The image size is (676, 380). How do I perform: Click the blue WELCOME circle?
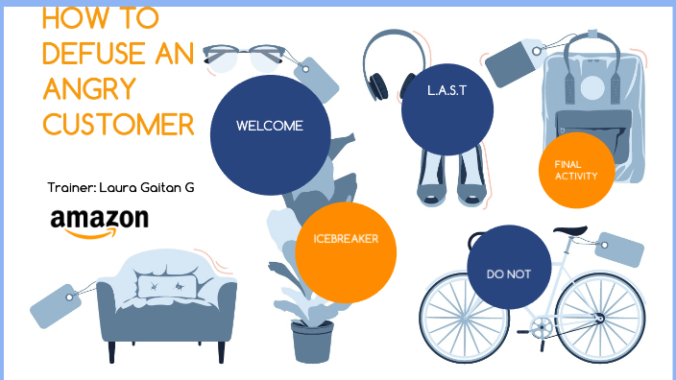pyautogui.click(x=270, y=127)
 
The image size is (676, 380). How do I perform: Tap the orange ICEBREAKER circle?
pyautogui.click(x=339, y=240)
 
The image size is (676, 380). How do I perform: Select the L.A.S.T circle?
pyautogui.click(x=447, y=93)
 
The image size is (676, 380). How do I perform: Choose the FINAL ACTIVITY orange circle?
pyautogui.click(x=576, y=170)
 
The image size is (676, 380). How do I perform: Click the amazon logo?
pyautogui.click(x=100, y=222)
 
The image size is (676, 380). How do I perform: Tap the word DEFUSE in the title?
pyautogui.click(x=92, y=56)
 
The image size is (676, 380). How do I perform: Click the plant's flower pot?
pyautogui.click(x=312, y=341)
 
